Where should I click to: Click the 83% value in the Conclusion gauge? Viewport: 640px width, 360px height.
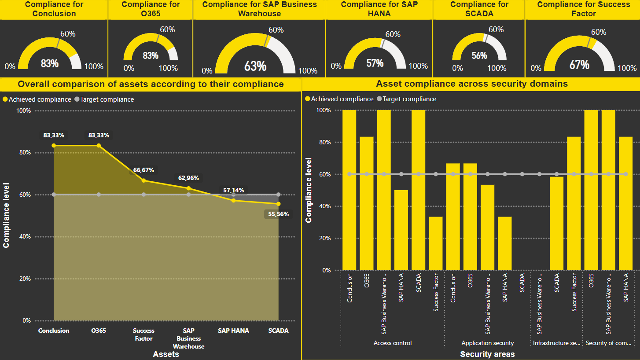(50, 63)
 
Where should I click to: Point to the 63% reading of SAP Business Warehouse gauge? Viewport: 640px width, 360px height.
(255, 66)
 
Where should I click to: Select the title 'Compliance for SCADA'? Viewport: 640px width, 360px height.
(478, 9)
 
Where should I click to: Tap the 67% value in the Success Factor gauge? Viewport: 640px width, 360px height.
(579, 65)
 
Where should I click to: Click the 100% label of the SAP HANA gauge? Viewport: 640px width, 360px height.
(418, 66)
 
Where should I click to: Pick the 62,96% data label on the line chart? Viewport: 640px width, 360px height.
(188, 178)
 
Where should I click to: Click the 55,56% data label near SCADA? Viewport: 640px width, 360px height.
(278, 214)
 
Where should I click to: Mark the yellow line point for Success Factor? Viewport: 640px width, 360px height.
(143, 180)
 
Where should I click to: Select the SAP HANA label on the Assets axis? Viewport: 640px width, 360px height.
(233, 331)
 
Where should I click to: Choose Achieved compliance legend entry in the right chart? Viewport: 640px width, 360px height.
(339, 99)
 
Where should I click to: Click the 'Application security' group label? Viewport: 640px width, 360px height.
(487, 343)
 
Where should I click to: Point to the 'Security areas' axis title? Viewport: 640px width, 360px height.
(487, 354)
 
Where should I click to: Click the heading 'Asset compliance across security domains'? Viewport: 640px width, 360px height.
(471, 84)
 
